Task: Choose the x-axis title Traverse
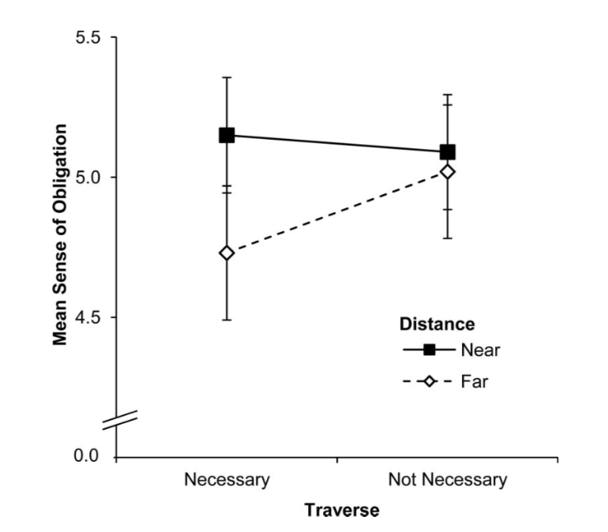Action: [x=342, y=510]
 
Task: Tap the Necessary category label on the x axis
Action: [x=227, y=479]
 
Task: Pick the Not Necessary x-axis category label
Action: [x=447, y=479]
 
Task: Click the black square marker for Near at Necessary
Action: [x=227, y=136]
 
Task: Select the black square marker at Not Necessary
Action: [x=448, y=152]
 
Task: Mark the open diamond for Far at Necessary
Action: [x=227, y=253]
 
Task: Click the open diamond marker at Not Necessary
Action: [x=448, y=171]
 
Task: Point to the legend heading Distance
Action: [x=437, y=324]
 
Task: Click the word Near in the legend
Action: [x=480, y=350]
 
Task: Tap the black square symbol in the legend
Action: [x=429, y=350]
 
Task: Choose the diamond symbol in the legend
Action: [x=429, y=383]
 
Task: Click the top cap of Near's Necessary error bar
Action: [x=227, y=77]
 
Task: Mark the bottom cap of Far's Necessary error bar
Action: [x=227, y=320]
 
